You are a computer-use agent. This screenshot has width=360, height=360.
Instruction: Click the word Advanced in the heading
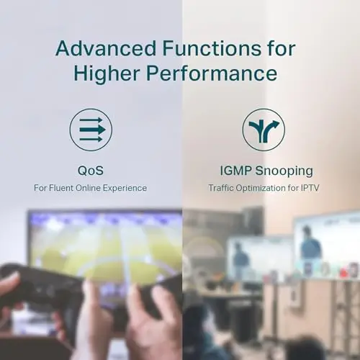coord(106,48)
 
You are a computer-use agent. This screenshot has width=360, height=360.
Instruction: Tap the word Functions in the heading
coord(212,48)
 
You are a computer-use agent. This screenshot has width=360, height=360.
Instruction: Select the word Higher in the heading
coord(107,73)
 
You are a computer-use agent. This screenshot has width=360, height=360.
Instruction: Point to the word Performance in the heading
coord(212,73)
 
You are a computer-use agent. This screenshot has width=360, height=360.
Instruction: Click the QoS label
coord(91,171)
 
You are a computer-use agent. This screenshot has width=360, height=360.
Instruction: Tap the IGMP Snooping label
coord(266,171)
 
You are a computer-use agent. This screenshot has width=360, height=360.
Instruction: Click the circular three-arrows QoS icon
coord(91,130)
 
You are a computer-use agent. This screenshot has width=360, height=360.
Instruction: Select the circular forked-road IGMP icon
coord(264,130)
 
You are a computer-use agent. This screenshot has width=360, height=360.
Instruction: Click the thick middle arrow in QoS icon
coord(93,130)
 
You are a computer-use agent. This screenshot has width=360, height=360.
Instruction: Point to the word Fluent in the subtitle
coord(61,188)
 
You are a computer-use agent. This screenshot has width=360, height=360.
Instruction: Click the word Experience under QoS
coord(125,188)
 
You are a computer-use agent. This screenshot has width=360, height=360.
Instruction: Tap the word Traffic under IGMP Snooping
coord(221,188)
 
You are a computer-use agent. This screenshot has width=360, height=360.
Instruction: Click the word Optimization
coord(261,188)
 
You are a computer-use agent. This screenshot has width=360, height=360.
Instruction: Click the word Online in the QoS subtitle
coord(88,188)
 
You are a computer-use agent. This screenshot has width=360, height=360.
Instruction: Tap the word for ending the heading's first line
coord(282,48)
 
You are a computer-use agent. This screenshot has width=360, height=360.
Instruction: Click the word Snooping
coord(284,171)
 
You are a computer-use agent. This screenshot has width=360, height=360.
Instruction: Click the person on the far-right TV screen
coord(310,247)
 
